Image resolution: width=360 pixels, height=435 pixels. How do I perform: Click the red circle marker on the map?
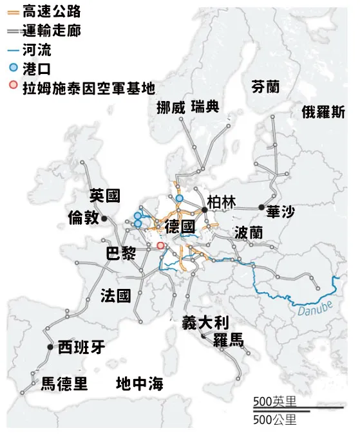tap(160, 245)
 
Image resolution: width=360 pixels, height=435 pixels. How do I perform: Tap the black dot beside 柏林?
tap(204, 209)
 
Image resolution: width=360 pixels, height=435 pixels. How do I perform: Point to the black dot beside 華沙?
tap(261, 207)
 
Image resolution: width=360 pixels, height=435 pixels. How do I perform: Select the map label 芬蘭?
tap(267, 87)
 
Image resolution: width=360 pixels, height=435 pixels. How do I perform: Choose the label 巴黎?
tap(121, 254)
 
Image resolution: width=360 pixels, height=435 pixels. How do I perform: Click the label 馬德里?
tap(64, 384)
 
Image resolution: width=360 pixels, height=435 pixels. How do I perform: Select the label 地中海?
tap(139, 384)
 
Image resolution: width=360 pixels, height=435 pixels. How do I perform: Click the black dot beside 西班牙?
tap(50, 347)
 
